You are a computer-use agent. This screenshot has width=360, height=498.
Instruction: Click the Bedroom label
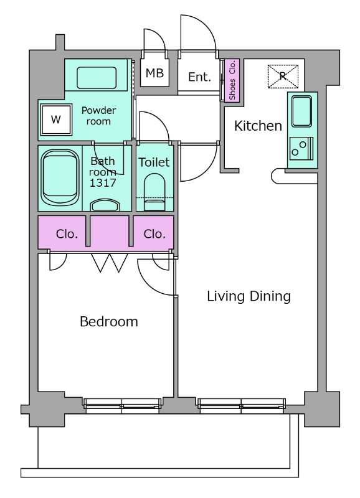(109, 322)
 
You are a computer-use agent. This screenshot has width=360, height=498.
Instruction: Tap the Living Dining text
(249, 296)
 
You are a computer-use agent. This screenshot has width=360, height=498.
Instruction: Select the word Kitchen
(258, 126)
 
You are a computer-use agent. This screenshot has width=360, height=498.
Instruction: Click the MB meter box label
(154, 73)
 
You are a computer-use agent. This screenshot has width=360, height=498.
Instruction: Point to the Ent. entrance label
(199, 77)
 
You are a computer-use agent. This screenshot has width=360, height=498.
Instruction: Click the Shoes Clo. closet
(232, 80)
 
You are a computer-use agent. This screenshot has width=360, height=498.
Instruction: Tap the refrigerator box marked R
(283, 76)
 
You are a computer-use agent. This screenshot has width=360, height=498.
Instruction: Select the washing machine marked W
(56, 120)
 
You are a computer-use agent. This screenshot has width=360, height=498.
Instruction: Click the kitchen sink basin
(301, 111)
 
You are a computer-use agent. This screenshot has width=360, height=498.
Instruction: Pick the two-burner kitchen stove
(301, 148)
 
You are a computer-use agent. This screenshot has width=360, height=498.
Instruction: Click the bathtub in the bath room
(60, 178)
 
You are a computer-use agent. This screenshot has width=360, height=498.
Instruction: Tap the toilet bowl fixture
(154, 192)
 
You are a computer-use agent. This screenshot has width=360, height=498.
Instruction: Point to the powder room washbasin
(97, 78)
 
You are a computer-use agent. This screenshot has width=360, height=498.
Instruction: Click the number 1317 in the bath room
(103, 183)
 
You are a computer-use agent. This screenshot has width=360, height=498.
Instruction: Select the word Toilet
(154, 162)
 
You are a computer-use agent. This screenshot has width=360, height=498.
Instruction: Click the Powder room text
(98, 116)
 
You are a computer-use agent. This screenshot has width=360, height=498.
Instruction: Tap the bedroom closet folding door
(109, 263)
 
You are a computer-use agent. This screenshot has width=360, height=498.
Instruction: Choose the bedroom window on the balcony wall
(122, 406)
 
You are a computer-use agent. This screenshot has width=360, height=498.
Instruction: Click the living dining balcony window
(242, 406)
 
